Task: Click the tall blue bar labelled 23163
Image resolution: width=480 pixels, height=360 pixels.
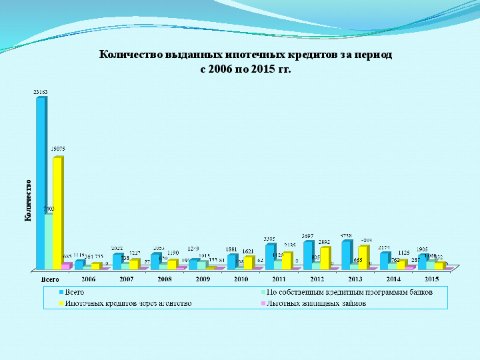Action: pos(41,180)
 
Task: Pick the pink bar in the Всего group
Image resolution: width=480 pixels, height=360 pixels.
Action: pos(65,266)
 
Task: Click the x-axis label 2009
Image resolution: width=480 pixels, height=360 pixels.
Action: pos(202,279)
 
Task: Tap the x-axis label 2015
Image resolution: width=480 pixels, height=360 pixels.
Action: pos(431,279)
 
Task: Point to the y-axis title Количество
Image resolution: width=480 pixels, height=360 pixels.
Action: pos(28,200)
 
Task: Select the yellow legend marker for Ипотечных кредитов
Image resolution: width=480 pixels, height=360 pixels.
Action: pos(61,303)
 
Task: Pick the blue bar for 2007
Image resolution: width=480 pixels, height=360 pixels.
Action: pos(117,261)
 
